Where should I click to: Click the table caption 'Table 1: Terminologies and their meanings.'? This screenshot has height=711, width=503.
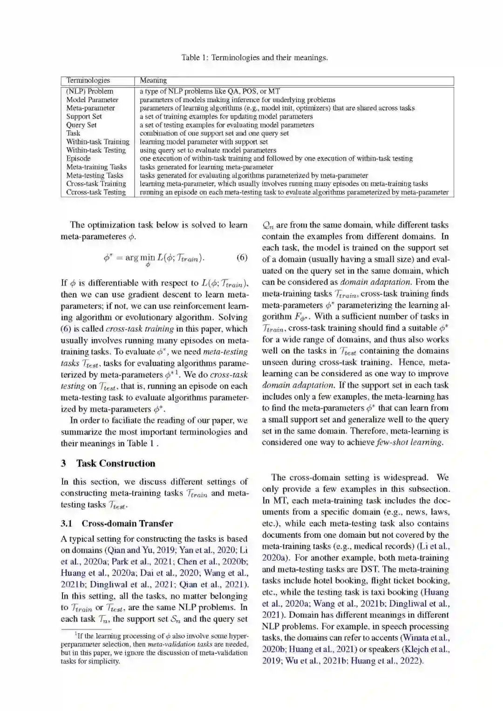(x=254, y=58)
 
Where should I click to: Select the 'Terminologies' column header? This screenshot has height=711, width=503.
(x=88, y=81)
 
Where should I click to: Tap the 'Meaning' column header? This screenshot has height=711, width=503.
(x=153, y=81)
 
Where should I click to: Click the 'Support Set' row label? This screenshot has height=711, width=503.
(x=84, y=116)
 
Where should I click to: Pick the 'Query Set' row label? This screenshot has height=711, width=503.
(x=82, y=125)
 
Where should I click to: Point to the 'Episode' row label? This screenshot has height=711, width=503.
(x=78, y=158)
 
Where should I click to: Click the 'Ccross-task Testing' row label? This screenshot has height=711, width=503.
(x=96, y=192)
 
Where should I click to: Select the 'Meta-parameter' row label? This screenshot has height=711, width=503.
(x=90, y=108)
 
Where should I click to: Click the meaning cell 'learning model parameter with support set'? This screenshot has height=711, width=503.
(x=204, y=142)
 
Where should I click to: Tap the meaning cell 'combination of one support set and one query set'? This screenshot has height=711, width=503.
(x=214, y=133)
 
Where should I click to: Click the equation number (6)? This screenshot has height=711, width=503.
(x=242, y=257)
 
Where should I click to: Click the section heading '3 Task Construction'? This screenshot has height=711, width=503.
(x=108, y=463)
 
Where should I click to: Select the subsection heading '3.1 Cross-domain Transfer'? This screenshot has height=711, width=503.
(x=117, y=523)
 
